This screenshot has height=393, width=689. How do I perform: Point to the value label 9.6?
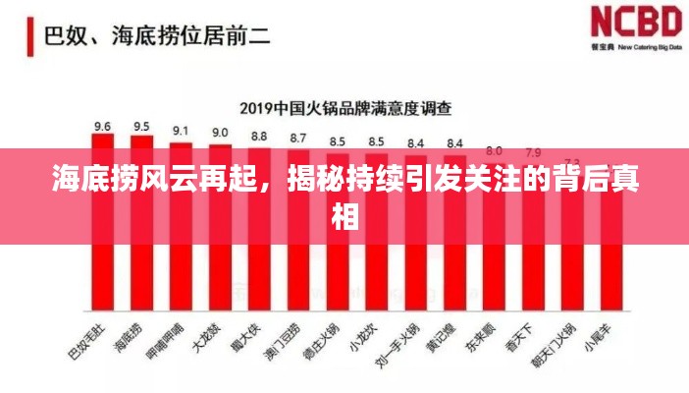(102, 126)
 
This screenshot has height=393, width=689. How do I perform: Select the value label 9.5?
(141, 126)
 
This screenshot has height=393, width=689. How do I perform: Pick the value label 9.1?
(181, 130)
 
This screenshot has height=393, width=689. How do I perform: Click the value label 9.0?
(220, 132)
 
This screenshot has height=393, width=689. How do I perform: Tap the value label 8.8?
(259, 136)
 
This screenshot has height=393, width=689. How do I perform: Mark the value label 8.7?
(298, 138)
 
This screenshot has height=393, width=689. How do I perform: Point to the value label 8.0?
(494, 150)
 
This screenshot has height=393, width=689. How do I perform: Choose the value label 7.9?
(533, 152)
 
